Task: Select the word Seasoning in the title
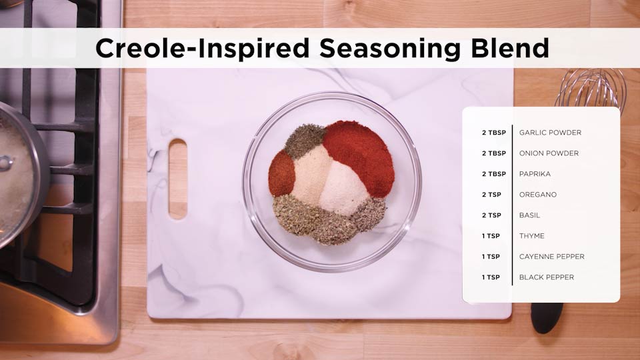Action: click(390, 49)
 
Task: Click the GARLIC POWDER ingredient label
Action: click(550, 133)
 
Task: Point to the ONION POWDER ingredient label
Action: click(549, 153)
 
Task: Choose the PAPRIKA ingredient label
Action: click(535, 174)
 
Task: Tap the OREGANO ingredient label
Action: click(538, 195)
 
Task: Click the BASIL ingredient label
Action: click(530, 215)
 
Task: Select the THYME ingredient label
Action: click(532, 236)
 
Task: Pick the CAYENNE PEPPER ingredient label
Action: click(552, 257)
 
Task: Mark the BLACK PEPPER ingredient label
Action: click(547, 277)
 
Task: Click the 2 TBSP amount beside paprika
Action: click(494, 174)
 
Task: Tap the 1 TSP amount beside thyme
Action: click(491, 236)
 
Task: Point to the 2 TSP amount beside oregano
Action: click(491, 195)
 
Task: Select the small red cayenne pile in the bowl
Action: click(281, 173)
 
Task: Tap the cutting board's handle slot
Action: click(178, 179)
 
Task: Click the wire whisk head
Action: click(591, 88)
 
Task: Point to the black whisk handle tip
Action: click(547, 317)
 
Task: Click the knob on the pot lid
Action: click(5, 163)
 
